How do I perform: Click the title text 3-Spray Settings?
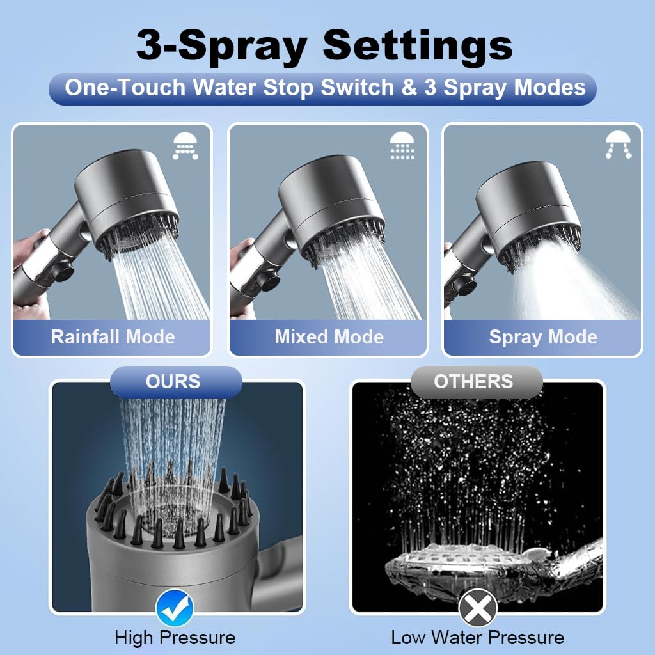tap(325, 46)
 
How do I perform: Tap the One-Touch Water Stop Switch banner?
tap(325, 88)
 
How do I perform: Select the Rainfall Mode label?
tap(113, 337)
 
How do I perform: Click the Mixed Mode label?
tap(329, 337)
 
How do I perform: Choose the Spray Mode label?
tap(543, 337)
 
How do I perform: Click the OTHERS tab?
tap(473, 382)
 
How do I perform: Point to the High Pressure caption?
tap(175, 638)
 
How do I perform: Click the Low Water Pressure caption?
tap(477, 638)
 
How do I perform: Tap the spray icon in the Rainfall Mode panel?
tap(185, 146)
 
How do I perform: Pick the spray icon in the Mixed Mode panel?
tap(402, 146)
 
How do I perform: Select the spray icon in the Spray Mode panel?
tap(618, 145)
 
